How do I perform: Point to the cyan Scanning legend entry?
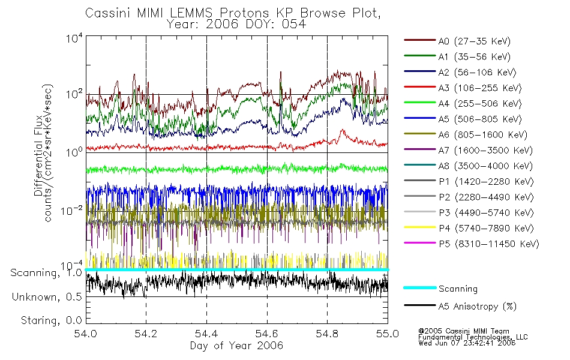pyautogui.click(x=458, y=289)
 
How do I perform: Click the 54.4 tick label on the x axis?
pyautogui.click(x=206, y=334)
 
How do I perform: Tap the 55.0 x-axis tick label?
pyautogui.click(x=387, y=334)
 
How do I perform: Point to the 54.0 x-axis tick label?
pyautogui.click(x=86, y=334)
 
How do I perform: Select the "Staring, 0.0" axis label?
pyautogui.click(x=51, y=320)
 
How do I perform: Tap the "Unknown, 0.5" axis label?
pyautogui.click(x=47, y=296)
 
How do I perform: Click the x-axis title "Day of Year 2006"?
pyautogui.click(x=236, y=346)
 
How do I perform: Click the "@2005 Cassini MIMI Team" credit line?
pyautogui.click(x=463, y=331)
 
